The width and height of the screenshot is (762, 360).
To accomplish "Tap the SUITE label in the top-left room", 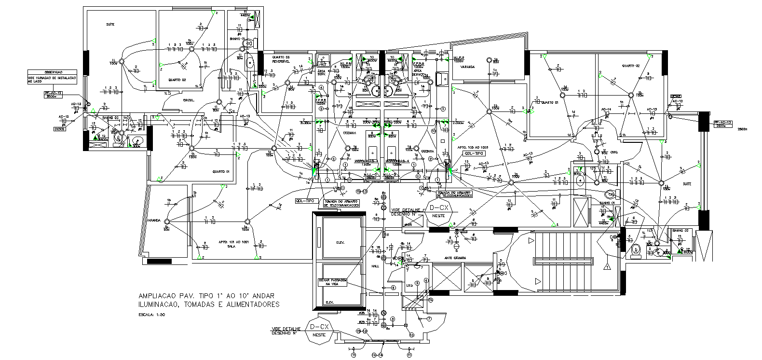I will point(110,24).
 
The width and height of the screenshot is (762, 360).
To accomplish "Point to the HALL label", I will point(375,266).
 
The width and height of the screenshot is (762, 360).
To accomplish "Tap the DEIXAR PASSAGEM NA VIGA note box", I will point(332,282).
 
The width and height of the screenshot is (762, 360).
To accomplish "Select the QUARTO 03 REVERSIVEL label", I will point(280,60).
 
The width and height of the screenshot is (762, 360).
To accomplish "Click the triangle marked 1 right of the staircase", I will point(607,266).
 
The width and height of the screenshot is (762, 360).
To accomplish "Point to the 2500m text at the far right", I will point(742,129).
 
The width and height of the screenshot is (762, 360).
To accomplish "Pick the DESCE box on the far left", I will point(60,129).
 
